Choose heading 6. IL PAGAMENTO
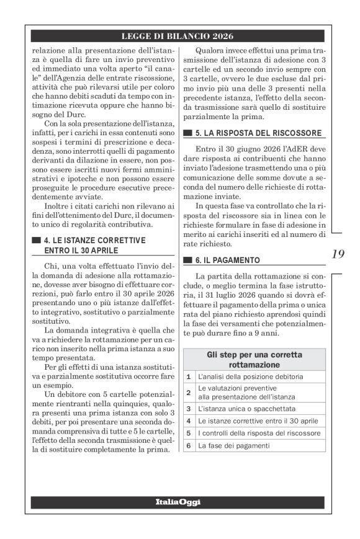[x=230, y=259]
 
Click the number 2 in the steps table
[x=189, y=393]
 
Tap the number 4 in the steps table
[x=189, y=421]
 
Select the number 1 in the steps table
[x=189, y=376]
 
